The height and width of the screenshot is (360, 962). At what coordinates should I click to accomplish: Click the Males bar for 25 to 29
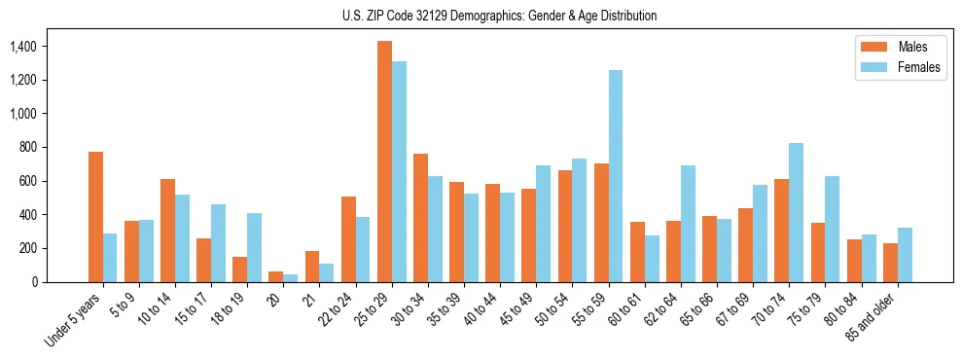point(384,162)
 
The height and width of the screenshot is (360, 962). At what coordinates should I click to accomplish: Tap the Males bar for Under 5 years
point(95,217)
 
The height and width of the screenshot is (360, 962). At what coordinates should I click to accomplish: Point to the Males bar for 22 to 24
point(348,239)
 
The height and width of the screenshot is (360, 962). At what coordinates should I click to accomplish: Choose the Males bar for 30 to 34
point(420,218)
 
